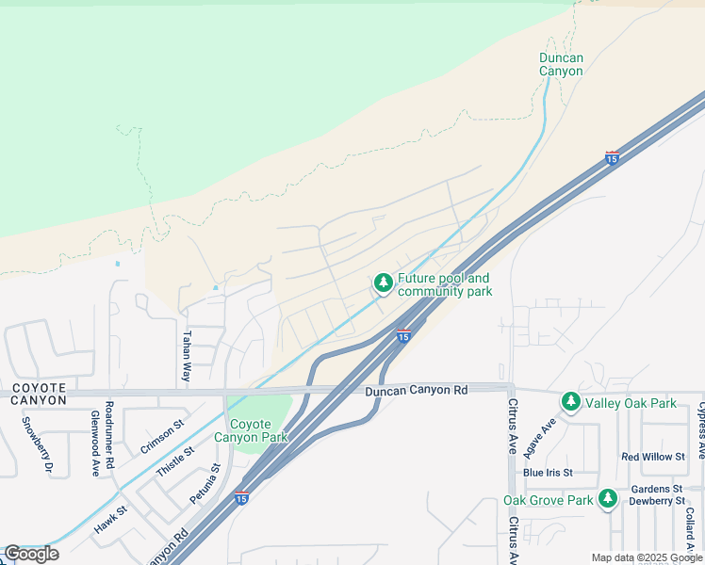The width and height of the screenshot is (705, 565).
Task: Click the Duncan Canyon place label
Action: click(x=561, y=64)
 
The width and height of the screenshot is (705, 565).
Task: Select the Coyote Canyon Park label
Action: click(x=251, y=430)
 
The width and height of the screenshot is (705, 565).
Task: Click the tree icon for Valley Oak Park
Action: click(x=570, y=402)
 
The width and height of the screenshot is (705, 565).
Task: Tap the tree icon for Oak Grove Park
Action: click(x=608, y=499)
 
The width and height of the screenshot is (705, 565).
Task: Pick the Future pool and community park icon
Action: click(x=383, y=282)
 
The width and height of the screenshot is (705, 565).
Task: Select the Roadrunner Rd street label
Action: click(x=109, y=435)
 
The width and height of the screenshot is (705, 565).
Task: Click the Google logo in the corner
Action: click(x=31, y=554)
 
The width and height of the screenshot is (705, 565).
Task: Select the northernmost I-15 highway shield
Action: click(x=612, y=158)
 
